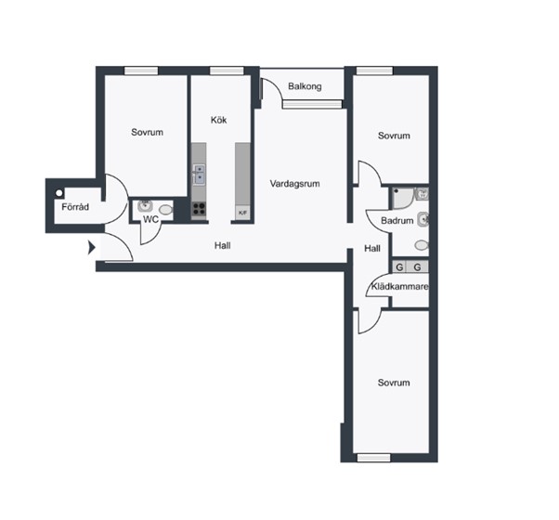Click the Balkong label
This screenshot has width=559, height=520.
(305, 86)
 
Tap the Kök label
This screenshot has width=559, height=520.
(218, 120)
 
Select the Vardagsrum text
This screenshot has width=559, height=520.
(295, 184)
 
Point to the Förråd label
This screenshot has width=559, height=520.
(75, 207)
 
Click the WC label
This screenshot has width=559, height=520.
(150, 219)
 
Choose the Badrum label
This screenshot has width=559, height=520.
(397, 221)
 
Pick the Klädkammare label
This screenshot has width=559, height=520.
(399, 287)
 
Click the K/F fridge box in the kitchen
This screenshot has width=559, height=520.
(242, 213)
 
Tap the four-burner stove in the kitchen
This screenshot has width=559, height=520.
(199, 209)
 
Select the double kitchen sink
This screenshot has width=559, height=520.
(199, 175)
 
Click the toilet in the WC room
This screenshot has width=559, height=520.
(166, 210)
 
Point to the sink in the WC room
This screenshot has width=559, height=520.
(145, 205)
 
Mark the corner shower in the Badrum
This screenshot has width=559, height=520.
(403, 198)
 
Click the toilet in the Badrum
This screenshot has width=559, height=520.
(422, 245)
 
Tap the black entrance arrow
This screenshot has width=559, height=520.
(92, 247)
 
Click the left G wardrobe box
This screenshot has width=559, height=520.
(399, 266)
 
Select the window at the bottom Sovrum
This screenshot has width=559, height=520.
(373, 457)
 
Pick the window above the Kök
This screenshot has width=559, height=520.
(227, 71)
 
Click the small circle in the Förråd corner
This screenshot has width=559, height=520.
(58, 193)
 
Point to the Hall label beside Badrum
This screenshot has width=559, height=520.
(372, 249)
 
